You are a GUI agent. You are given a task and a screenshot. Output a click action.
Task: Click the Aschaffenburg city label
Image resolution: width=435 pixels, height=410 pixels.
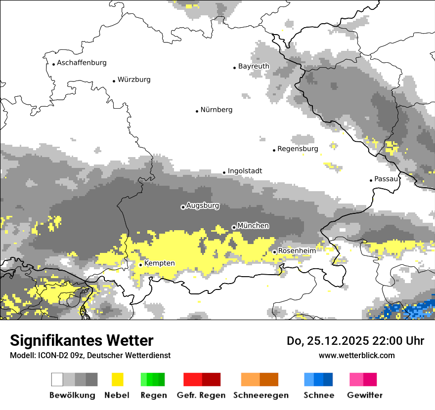pyautogui.click(x=82, y=63)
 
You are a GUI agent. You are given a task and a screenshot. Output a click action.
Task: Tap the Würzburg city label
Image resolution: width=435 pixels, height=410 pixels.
pyautogui.click(x=134, y=80)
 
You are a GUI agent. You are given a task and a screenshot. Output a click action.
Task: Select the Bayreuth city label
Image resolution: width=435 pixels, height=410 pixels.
pyautogui.click(x=254, y=66)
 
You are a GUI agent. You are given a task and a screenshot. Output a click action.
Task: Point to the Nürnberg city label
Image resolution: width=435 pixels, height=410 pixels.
pyautogui.click(x=216, y=110)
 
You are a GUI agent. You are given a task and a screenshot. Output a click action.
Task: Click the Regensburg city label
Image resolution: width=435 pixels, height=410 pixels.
pyautogui.click(x=298, y=149)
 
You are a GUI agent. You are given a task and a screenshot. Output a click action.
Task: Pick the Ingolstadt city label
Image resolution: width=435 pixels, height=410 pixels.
pyautogui.click(x=245, y=171)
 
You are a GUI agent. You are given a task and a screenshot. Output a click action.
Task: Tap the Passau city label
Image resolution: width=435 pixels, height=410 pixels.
pyautogui.click(x=387, y=179)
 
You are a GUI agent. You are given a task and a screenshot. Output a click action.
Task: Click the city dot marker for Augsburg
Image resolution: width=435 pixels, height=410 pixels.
pyautogui.click(x=183, y=207)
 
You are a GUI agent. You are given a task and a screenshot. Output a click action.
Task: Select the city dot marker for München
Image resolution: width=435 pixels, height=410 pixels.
pyautogui.click(x=234, y=227)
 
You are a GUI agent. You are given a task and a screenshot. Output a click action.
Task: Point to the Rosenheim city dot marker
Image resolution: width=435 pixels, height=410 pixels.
pyautogui.click(x=274, y=252)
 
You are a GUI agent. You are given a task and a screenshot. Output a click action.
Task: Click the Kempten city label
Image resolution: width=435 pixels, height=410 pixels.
pyautogui.click(x=159, y=264)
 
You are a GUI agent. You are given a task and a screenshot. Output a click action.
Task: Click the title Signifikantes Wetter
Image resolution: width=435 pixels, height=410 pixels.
pyautogui.click(x=82, y=341)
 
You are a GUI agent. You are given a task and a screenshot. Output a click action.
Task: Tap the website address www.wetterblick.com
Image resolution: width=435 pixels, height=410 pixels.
pyautogui.click(x=356, y=355)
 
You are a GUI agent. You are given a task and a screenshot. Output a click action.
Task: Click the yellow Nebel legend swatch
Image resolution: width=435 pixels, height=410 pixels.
pyautogui.click(x=117, y=379)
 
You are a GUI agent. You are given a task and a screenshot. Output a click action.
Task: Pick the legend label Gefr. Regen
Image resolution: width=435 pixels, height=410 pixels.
pyautogui.click(x=201, y=395)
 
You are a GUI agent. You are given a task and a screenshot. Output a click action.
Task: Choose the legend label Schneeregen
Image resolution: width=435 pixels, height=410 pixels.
pyautogui.click(x=261, y=395)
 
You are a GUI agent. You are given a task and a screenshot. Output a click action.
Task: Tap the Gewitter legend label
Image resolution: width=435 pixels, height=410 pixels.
pyautogui.click(x=364, y=395)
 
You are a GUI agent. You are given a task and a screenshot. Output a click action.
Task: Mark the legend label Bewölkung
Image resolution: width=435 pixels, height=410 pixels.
pyautogui.click(x=72, y=395)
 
